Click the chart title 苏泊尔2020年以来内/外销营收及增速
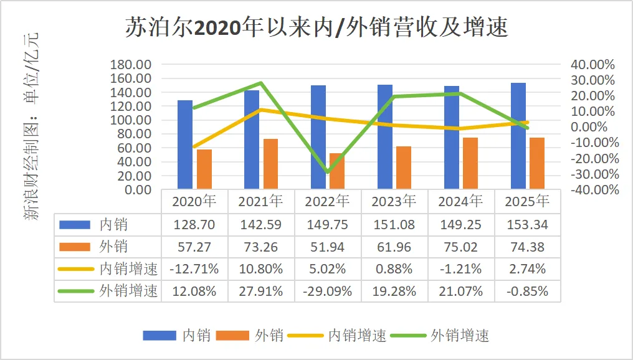pos(316,28)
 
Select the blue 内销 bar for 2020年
pos(185,144)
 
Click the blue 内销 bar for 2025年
pos(518,136)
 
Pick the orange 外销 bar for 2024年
pos(470,163)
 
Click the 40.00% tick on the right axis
pos(592,65)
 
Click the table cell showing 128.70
pos(194,224)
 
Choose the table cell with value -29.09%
pos(328,291)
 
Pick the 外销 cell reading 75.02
pos(461,247)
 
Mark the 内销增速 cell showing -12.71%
pos(194,269)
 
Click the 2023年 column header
pos(394,201)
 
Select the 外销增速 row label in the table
pos(128,291)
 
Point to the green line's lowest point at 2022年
pos(327,173)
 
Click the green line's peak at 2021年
pos(261,83)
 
